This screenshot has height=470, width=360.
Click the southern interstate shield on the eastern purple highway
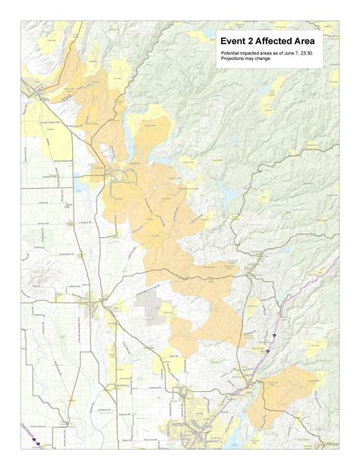(267, 351)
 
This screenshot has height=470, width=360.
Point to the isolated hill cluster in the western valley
(38, 266)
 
